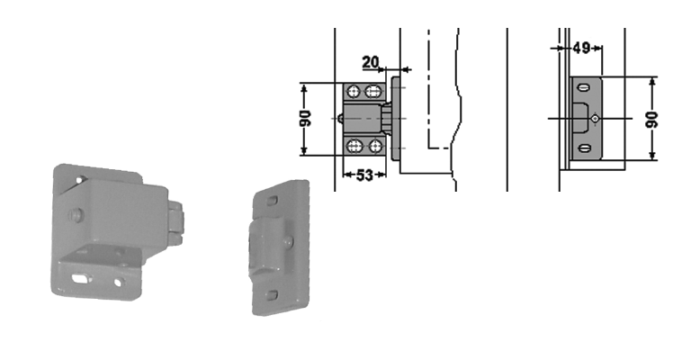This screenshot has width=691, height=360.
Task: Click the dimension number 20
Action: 370,62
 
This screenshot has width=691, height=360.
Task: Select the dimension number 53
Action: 364,175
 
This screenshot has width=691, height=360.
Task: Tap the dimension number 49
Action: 581,48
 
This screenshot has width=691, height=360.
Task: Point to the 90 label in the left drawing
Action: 305,119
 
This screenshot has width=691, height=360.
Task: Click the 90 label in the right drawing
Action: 651,120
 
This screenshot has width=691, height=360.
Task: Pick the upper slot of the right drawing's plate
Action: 584,87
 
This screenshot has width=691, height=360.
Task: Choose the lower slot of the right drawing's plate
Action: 584,148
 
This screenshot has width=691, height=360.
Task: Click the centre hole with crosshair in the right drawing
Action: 595,119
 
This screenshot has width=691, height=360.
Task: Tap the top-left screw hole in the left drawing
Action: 353,92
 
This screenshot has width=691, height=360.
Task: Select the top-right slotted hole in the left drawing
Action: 373,92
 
